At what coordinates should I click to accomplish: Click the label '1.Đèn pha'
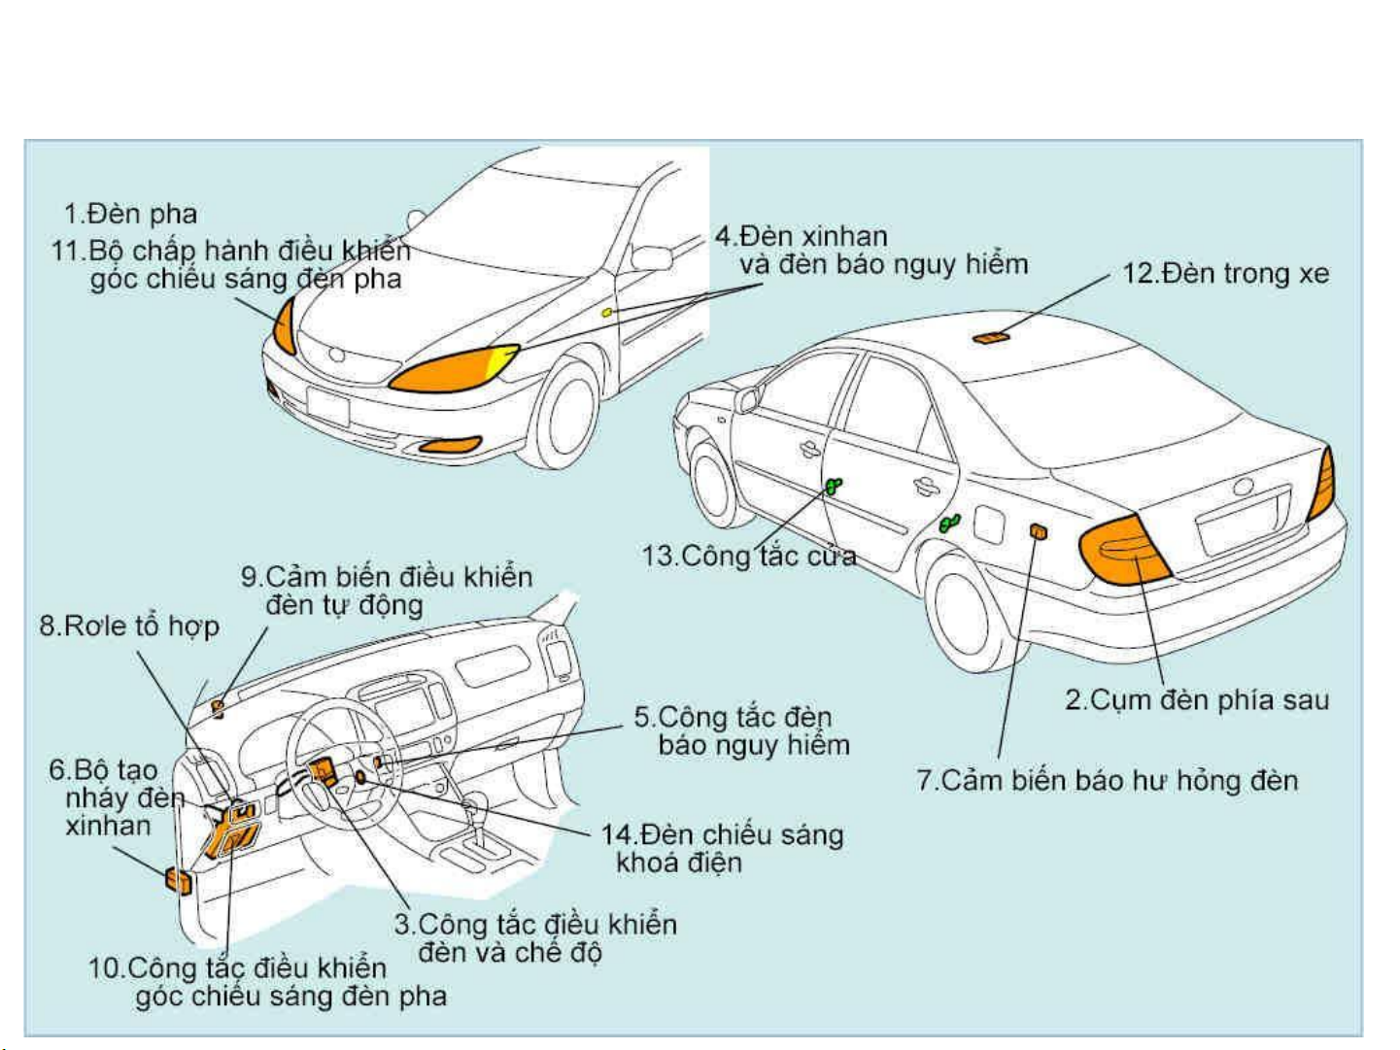[x=130, y=214]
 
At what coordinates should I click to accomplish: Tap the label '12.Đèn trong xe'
[x=1225, y=274]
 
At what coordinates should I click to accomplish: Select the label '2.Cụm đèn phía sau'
[x=1196, y=699]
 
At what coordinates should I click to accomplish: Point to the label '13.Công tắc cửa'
[x=748, y=556]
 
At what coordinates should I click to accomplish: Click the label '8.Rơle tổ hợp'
[x=129, y=626]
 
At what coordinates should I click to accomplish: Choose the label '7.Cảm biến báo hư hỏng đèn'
[x=1107, y=780]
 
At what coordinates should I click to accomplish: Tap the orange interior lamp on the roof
[x=991, y=338]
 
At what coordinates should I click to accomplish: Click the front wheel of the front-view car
[x=567, y=413]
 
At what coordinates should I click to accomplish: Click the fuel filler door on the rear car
[x=988, y=525]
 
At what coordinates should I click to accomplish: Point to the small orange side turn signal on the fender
[x=606, y=312]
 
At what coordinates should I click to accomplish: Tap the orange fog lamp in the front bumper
[x=450, y=446]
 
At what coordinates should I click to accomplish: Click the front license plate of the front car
[x=327, y=405]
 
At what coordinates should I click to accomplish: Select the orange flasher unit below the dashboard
[x=179, y=880]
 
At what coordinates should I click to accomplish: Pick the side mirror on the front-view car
[x=651, y=258]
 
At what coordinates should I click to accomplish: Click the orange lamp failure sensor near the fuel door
[x=1038, y=531]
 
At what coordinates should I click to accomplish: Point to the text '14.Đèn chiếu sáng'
[x=722, y=834]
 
